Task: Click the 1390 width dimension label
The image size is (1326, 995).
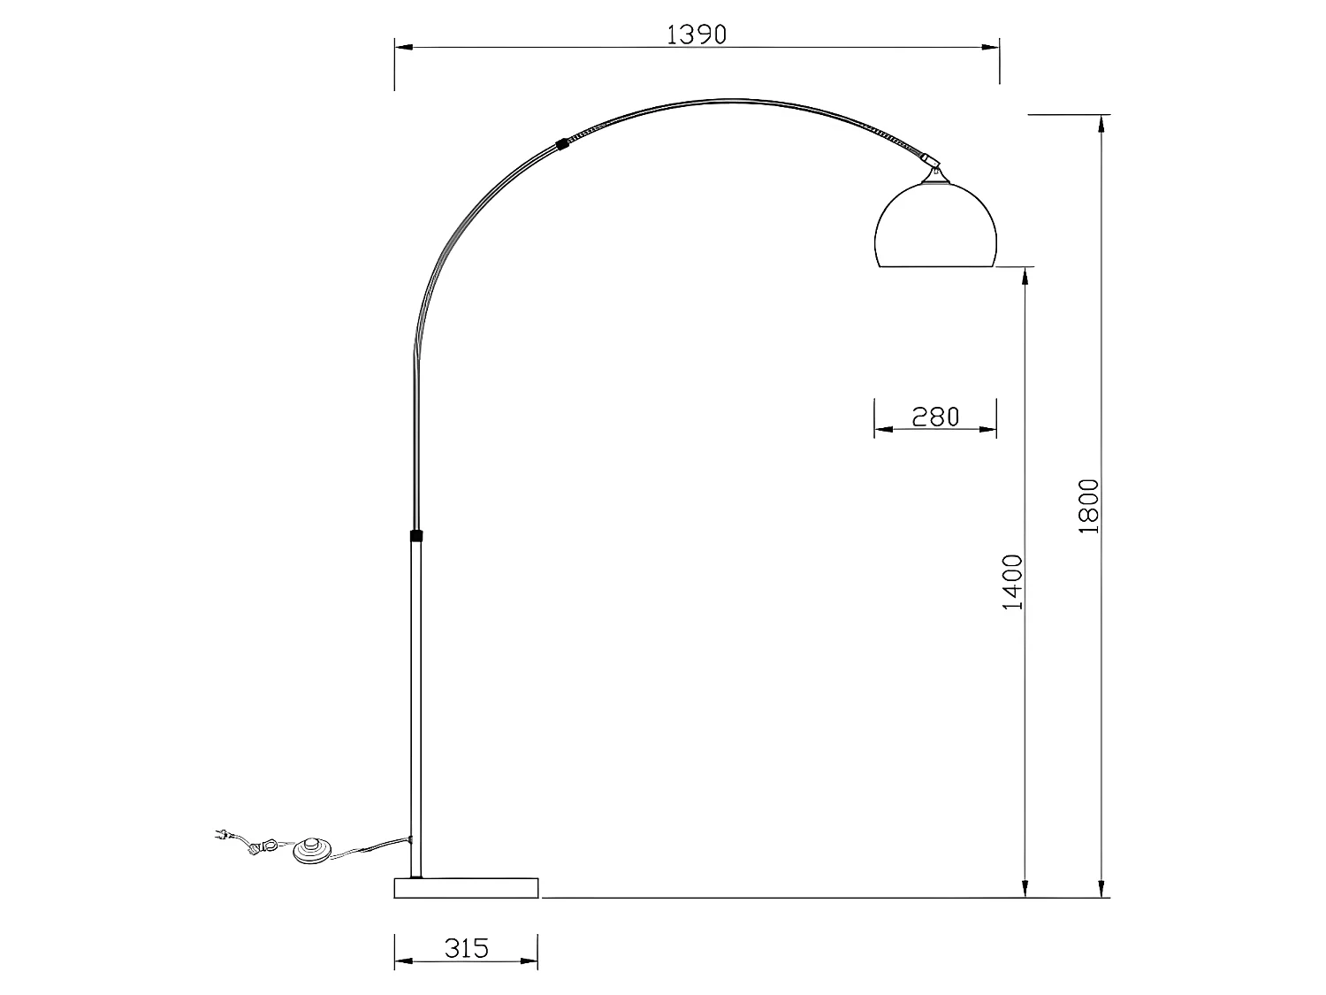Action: tap(696, 34)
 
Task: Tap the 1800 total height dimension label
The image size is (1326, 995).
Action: tap(1088, 505)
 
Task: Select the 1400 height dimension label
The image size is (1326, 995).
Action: tap(1012, 581)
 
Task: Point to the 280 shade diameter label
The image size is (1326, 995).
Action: tap(935, 416)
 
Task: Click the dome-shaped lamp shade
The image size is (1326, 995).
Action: tap(935, 226)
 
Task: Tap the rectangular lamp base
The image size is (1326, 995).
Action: tap(466, 887)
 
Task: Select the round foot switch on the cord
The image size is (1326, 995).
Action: tap(313, 850)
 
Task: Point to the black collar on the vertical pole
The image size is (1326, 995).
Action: tap(415, 535)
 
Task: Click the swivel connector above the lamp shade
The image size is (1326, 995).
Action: tap(928, 163)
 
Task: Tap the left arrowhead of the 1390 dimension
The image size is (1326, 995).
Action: tap(402, 49)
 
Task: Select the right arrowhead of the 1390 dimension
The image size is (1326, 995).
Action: tap(992, 49)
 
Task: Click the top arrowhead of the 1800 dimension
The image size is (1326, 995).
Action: tap(1101, 123)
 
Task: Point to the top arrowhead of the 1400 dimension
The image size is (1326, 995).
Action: tap(1025, 276)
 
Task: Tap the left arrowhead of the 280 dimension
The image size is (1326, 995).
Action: tap(881, 429)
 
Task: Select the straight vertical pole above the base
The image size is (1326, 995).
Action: tap(415, 708)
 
